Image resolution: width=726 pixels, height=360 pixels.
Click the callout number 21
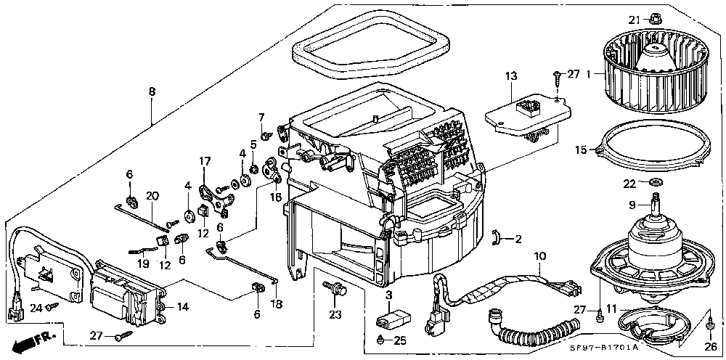pos(633,19)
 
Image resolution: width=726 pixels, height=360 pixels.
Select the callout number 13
pos(511,76)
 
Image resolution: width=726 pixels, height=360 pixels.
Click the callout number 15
pos(581,150)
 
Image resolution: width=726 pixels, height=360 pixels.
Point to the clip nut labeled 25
pos(380,340)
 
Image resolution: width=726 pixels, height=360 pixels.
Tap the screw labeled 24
pos(52,306)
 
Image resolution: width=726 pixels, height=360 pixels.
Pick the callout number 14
pos(183,306)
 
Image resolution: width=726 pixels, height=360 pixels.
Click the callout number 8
pos(152,91)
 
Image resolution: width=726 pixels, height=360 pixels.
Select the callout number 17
pos(205,161)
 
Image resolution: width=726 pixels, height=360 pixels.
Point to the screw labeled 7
pos(266,136)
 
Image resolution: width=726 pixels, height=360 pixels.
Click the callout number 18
pos(277,304)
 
